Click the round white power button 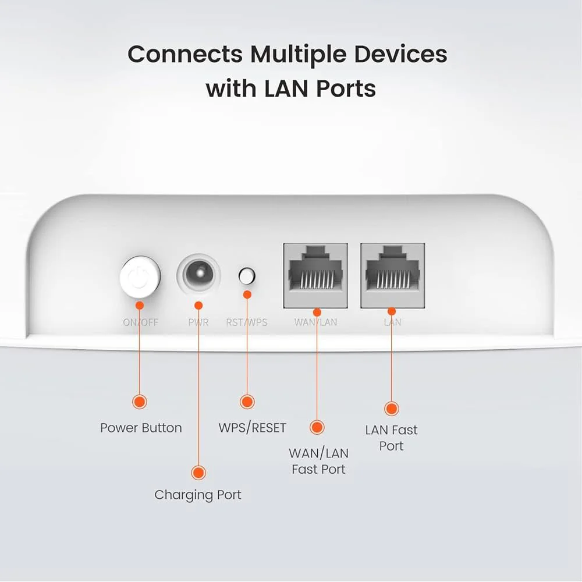(140, 276)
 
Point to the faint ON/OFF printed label (140, 322)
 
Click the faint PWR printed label (198, 322)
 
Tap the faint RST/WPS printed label (247, 322)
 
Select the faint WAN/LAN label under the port (316, 322)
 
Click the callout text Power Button (141, 428)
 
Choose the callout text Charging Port (198, 495)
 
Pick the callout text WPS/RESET (253, 428)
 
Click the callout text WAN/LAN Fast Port (318, 461)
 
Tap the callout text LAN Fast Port (392, 438)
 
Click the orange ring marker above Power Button (140, 401)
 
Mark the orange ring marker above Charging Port (198, 472)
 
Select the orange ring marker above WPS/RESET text (247, 402)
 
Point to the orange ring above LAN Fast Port (392, 409)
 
